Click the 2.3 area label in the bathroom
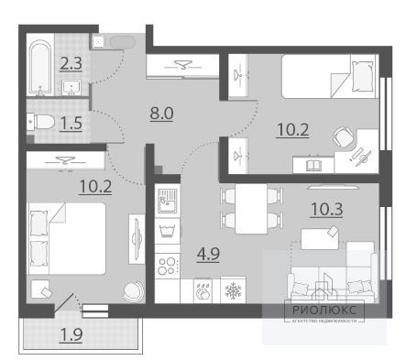(x=71, y=64)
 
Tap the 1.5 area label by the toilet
(x=71, y=124)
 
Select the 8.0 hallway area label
(x=161, y=114)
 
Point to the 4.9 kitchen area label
(x=208, y=254)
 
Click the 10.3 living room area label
(x=326, y=210)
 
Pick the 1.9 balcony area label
(x=71, y=335)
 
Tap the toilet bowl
(x=40, y=122)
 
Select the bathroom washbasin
(x=71, y=88)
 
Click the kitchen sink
(x=167, y=201)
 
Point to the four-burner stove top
(x=167, y=266)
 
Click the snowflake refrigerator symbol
(x=233, y=290)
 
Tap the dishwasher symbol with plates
(x=203, y=290)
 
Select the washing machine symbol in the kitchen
(x=167, y=231)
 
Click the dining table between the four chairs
(x=251, y=209)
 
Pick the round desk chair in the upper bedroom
(x=343, y=137)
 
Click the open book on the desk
(x=313, y=165)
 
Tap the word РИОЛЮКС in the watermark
(x=324, y=311)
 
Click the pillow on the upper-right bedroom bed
(x=363, y=76)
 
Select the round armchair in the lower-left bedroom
(x=134, y=290)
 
